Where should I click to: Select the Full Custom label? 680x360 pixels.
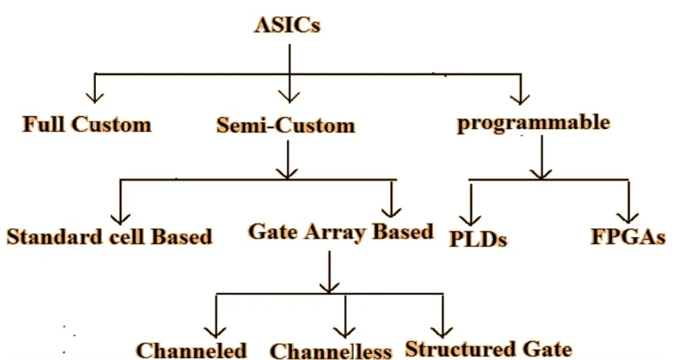(86, 125)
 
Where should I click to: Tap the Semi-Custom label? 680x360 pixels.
(286, 125)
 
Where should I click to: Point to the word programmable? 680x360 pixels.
(533, 122)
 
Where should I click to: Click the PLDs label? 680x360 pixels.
(479, 239)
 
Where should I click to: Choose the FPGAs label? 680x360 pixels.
(628, 237)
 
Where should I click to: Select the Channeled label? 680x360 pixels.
(191, 350)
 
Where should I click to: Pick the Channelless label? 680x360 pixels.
(330, 351)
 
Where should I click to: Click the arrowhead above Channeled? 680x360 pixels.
(214, 331)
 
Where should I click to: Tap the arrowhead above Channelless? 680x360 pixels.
(345, 331)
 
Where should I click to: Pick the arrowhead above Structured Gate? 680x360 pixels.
(442, 330)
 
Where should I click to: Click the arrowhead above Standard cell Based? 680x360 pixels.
(121, 214)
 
